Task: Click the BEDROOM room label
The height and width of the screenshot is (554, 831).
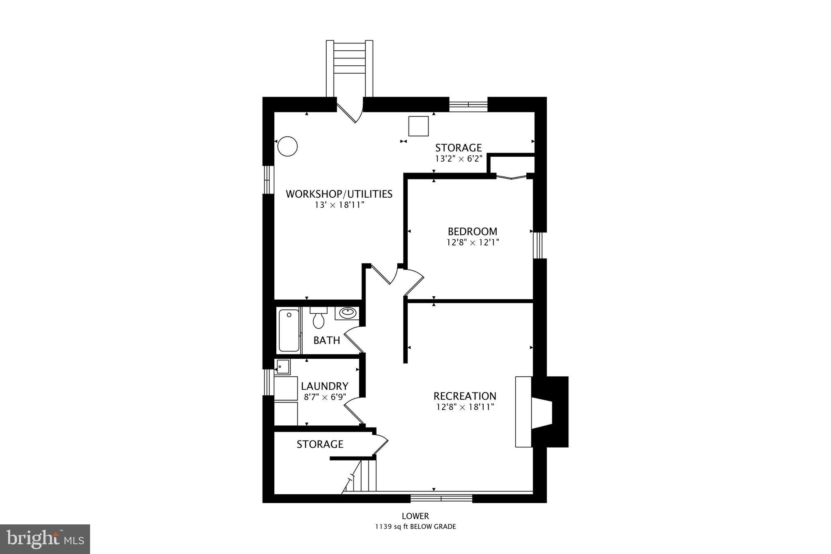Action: (472, 232)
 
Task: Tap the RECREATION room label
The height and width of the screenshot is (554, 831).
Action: (465, 396)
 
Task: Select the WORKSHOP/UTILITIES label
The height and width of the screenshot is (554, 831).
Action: (339, 194)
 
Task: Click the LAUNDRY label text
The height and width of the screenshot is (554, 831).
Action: (325, 386)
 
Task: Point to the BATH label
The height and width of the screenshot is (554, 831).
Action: (327, 341)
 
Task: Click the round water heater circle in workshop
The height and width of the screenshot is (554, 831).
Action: (288, 146)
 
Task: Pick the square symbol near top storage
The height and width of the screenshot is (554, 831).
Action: (418, 126)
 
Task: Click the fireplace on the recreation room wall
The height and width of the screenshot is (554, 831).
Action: (542, 412)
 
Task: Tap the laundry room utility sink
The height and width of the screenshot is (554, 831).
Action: (282, 367)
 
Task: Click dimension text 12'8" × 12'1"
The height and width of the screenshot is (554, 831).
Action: (472, 243)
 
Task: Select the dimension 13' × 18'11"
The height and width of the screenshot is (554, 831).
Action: (340, 205)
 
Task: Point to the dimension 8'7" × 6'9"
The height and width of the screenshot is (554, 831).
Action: (325, 397)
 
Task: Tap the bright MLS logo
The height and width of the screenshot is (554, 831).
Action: (45, 539)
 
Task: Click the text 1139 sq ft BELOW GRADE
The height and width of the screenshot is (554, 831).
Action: (415, 527)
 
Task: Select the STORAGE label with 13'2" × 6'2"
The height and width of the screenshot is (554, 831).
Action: (459, 148)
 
